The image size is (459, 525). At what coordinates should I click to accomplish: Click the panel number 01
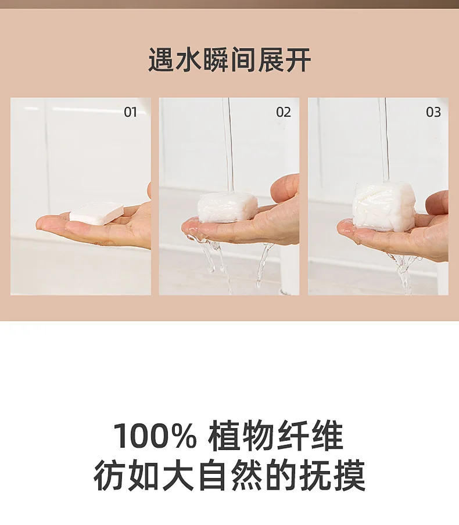(x=130, y=112)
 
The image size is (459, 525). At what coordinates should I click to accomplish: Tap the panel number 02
(x=283, y=112)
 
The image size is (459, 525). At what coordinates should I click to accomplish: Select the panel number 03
(x=433, y=112)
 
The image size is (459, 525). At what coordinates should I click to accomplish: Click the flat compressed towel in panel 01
(x=96, y=213)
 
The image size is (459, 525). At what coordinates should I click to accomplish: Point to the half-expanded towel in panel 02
(x=228, y=208)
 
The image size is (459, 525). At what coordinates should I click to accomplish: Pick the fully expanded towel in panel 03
(x=383, y=207)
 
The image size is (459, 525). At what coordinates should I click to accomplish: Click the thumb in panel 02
(x=285, y=187)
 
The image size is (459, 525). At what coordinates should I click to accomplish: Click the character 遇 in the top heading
(x=162, y=60)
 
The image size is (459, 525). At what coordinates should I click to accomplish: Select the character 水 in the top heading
(x=189, y=60)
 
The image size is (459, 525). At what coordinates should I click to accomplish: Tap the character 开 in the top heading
(x=298, y=60)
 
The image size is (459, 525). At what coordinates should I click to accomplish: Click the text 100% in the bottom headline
(x=155, y=436)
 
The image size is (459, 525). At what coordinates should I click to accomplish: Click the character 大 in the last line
(x=178, y=475)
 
